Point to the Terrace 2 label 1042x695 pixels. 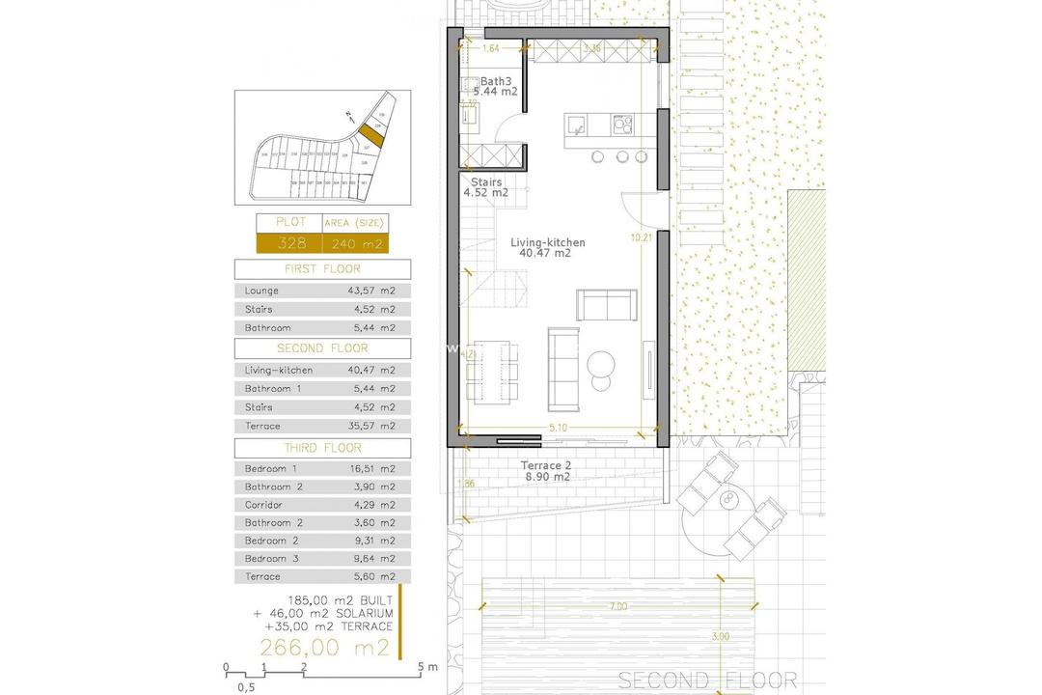547,465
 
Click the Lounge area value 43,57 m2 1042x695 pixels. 371,291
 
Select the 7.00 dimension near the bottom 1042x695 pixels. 617,606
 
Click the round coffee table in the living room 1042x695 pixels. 602,364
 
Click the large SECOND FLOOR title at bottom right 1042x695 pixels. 707,681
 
